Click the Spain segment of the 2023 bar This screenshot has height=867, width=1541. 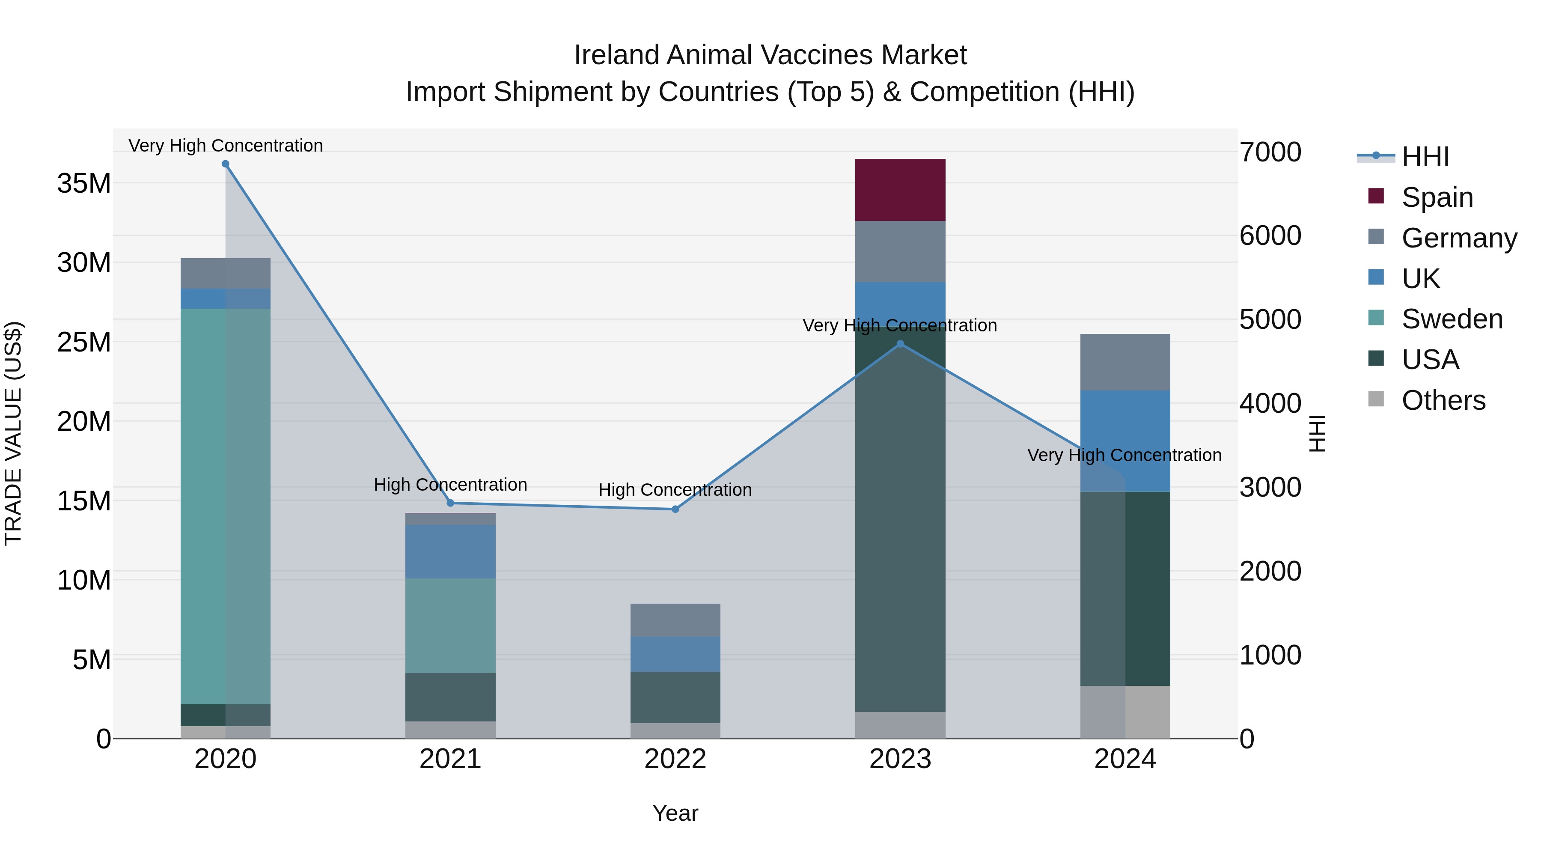tap(900, 190)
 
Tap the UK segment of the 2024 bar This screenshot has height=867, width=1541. tap(1125, 441)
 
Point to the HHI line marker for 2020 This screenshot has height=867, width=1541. tap(226, 164)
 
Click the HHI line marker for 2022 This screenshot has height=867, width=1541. tap(675, 509)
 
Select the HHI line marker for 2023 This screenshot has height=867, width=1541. tap(900, 344)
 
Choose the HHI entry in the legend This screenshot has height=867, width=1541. tap(1425, 157)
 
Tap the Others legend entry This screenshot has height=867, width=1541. tap(1443, 400)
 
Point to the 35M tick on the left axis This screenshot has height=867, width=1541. tap(84, 183)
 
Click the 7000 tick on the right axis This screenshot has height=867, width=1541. tap(1270, 152)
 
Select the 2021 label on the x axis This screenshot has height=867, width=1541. tap(450, 759)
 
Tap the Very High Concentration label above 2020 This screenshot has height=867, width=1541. tap(226, 146)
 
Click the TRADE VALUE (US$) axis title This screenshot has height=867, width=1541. tap(13, 433)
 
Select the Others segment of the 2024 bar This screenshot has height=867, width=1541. tap(1125, 712)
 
